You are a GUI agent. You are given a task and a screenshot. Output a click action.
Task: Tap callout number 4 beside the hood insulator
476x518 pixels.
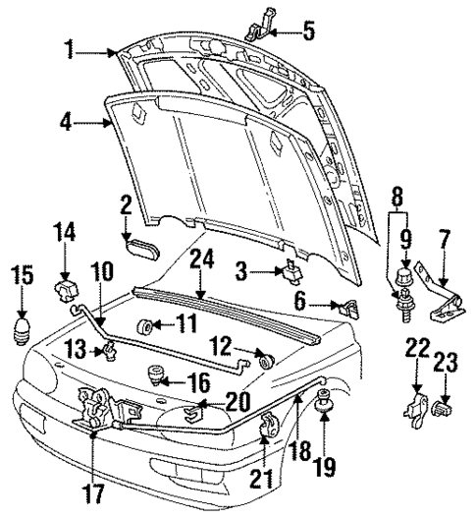coord(66,124)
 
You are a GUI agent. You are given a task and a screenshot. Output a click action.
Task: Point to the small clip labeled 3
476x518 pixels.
coord(292,270)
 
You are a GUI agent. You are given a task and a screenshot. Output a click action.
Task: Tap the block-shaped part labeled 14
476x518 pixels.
coord(65,292)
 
